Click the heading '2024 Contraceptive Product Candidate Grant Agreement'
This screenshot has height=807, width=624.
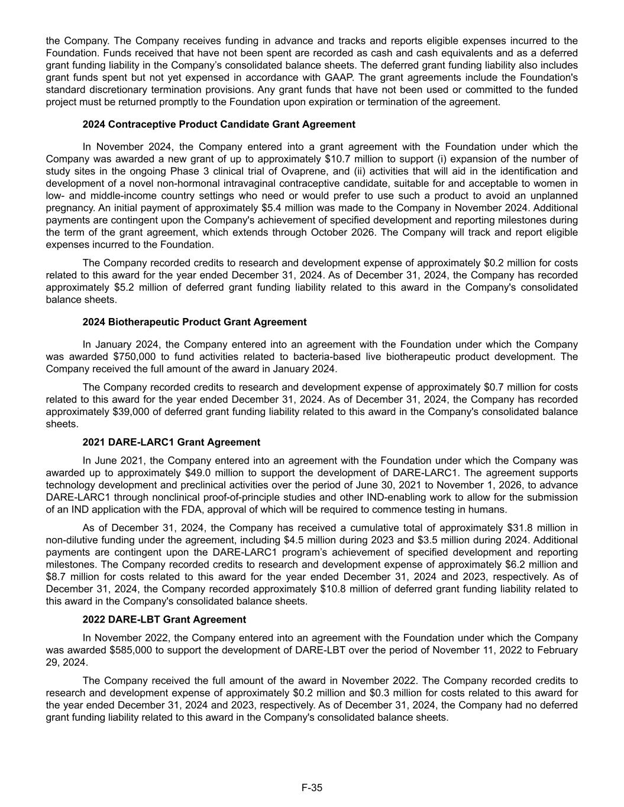click(219, 124)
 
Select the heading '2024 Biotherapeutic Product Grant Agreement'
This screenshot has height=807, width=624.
click(195, 322)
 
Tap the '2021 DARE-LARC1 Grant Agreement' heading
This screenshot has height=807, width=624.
click(171, 442)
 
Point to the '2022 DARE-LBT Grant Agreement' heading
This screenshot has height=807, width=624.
click(164, 620)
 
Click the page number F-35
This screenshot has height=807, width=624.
click(312, 787)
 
